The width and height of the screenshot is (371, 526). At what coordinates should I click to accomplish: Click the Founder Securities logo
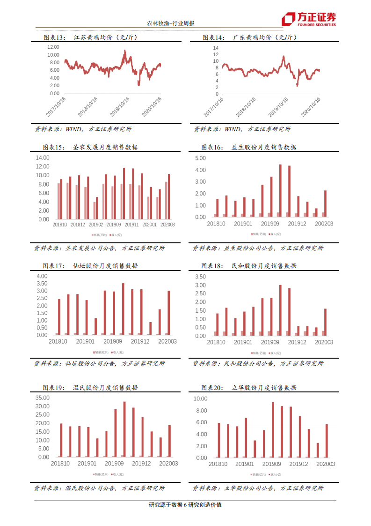pos(308,19)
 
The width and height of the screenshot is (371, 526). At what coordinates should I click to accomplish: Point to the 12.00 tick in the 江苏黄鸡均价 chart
pos(53,47)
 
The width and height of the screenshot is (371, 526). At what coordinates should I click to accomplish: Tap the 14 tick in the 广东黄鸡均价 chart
pos(216,48)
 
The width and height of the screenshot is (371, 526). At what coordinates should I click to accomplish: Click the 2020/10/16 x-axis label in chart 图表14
pos(311,107)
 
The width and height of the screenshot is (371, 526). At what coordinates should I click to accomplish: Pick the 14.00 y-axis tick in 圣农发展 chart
pos(43,158)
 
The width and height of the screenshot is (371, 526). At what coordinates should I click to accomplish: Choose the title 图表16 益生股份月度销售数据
pos(249,147)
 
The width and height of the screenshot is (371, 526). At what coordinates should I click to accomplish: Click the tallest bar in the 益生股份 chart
pos(280,191)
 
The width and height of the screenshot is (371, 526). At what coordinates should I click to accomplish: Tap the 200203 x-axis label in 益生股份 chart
pos(324,224)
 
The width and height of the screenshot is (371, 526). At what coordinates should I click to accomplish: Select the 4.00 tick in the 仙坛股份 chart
pos(42,276)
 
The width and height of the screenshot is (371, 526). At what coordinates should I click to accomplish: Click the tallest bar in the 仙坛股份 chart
pos(123,309)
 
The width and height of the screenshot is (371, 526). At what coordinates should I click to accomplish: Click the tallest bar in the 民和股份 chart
pos(280,310)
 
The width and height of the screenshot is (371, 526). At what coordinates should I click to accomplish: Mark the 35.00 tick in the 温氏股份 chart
pos(43,398)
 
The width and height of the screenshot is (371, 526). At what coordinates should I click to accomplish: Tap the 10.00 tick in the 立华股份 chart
pos(201,398)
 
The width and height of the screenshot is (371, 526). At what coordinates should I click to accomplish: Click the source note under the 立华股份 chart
pos(258,488)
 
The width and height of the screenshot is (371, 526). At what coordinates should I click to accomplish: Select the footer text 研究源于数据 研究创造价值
pos(185,505)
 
